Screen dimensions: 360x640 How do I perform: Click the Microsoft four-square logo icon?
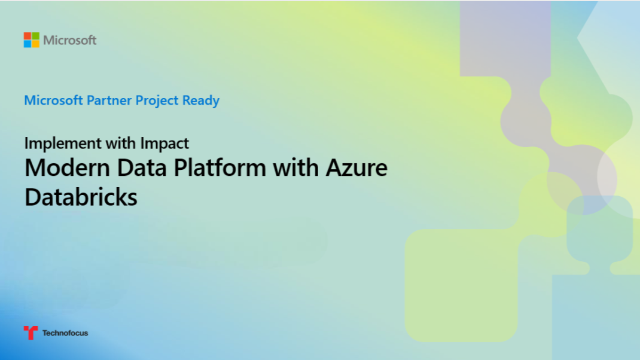(31, 40)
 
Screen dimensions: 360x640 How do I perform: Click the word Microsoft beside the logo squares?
(69, 41)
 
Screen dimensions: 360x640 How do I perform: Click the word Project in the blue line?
(157, 100)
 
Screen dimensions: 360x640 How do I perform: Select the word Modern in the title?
(60, 167)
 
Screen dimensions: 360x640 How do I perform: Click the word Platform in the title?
(219, 167)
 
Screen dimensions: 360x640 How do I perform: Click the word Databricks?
(81, 197)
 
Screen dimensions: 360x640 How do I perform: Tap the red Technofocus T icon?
(31, 332)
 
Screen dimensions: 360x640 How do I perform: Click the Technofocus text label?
(65, 333)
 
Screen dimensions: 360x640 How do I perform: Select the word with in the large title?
(295, 167)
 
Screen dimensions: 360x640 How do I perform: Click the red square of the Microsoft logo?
(28, 36)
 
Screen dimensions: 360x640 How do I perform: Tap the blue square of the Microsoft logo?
(28, 44)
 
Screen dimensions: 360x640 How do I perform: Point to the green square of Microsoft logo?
(35, 36)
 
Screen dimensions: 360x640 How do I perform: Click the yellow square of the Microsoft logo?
(35, 44)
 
